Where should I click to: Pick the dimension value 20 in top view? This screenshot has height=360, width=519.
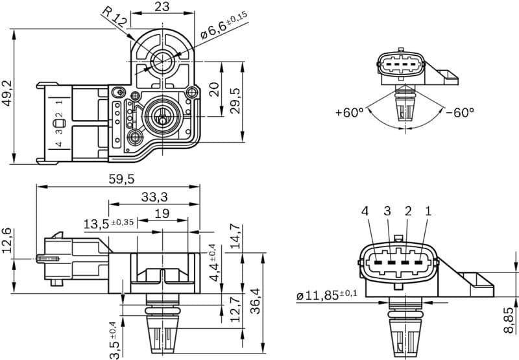click(213, 89)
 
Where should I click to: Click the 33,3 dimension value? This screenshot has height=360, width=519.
click(154, 197)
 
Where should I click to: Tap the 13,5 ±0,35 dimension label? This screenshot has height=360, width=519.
click(108, 224)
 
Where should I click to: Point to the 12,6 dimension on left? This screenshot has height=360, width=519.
click(8, 241)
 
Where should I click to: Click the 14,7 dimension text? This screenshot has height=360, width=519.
click(235, 237)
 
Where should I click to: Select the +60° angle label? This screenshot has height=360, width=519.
click(350, 112)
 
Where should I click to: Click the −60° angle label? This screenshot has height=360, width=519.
click(459, 112)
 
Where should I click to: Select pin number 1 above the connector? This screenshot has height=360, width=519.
click(428, 211)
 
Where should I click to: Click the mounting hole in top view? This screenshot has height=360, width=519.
click(160, 62)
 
